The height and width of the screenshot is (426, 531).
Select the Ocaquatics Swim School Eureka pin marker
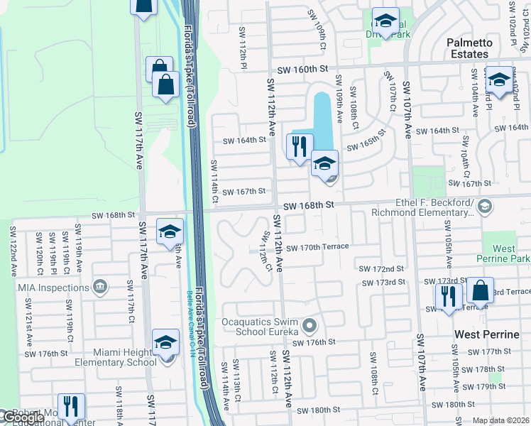point(309,326)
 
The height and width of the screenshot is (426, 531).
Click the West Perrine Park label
point(503,253)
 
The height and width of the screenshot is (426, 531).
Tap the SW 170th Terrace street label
point(317,247)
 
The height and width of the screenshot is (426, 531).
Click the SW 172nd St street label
point(381,269)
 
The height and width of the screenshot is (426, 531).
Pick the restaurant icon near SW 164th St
point(299,147)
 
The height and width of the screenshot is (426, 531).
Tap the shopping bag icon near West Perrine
point(480,292)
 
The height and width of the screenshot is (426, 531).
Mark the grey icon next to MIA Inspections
point(100,287)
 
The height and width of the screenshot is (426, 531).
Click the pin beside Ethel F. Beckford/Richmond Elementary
point(485,207)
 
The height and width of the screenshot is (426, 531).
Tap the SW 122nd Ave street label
point(13,251)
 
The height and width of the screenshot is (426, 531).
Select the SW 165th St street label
point(366,139)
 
